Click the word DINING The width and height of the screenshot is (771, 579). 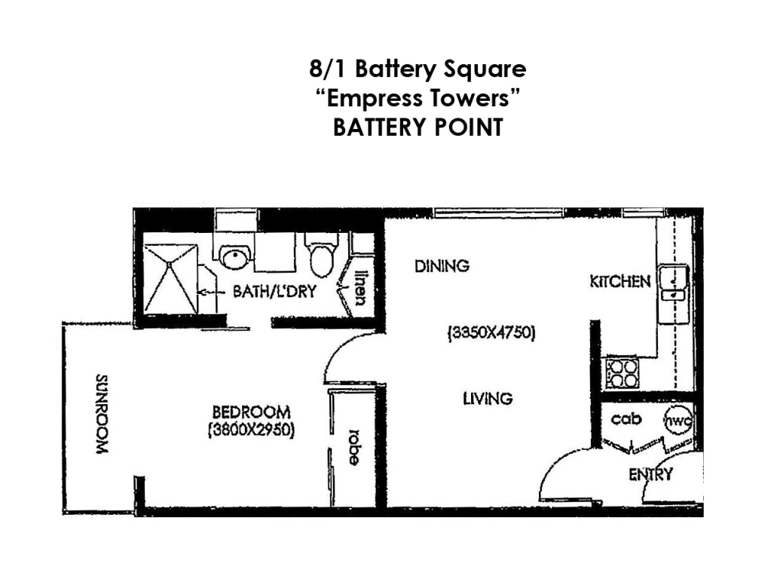click(442, 266)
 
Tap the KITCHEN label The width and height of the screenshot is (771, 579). click(620, 282)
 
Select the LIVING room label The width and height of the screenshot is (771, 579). click(488, 398)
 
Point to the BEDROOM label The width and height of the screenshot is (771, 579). click(251, 412)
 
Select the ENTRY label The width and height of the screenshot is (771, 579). click(650, 474)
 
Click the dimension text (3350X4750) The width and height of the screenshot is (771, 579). click(491, 332)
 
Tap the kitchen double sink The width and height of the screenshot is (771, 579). click(672, 285)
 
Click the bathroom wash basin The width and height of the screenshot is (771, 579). click(236, 256)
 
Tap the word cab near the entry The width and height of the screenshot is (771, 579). click(626, 419)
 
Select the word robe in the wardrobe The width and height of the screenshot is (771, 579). click(350, 447)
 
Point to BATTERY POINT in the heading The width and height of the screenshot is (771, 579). click(417, 127)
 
